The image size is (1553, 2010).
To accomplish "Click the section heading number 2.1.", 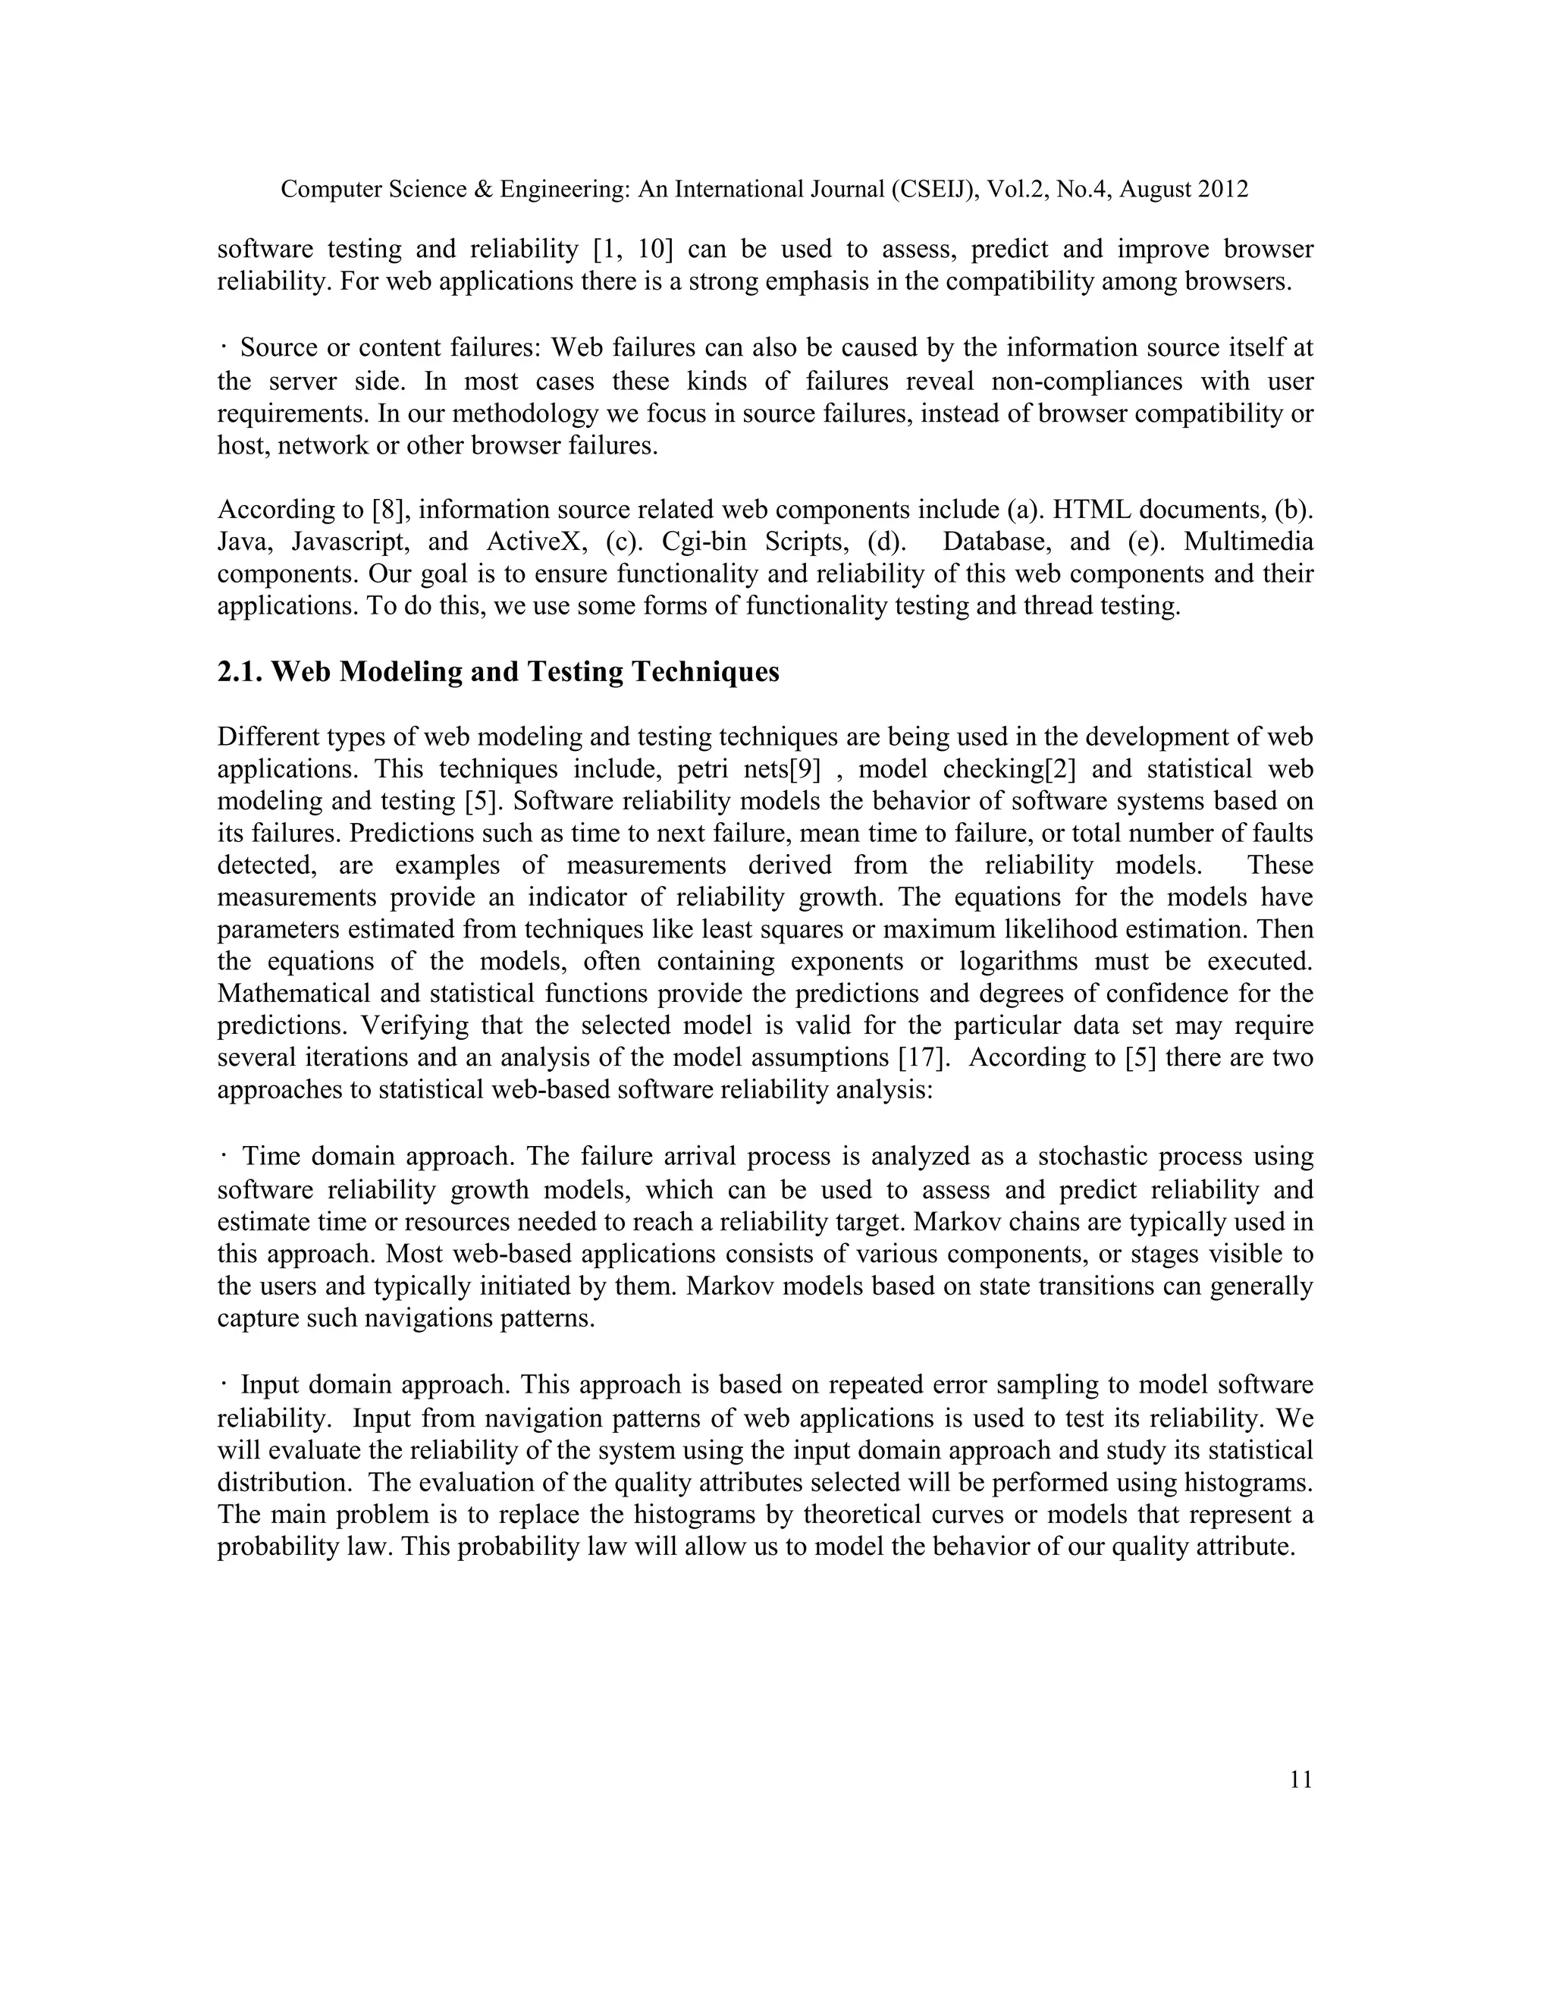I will coord(241,672).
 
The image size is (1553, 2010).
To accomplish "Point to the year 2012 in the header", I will coord(1222,190).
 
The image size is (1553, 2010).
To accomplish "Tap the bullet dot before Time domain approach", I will coord(224,1155).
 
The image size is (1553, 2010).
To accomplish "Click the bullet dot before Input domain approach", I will coord(224,1383).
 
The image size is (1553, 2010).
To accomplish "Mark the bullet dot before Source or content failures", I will coord(224,347).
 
